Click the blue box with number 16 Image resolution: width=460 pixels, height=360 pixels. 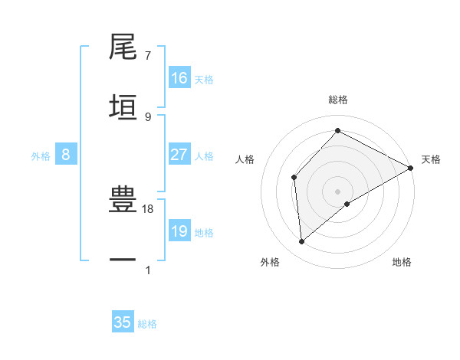[179, 78]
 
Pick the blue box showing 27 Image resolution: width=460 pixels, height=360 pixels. [179, 155]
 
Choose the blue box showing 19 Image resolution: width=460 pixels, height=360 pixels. [179, 231]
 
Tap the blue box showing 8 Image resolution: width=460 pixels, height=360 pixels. [66, 155]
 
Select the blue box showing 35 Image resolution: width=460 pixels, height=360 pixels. [123, 322]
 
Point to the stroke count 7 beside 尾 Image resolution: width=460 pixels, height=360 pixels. [148, 56]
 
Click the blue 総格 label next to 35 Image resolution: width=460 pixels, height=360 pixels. [148, 324]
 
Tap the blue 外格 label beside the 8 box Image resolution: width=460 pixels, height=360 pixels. [41, 156]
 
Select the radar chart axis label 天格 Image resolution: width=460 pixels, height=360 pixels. [431, 159]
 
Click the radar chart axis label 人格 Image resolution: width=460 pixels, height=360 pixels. [245, 159]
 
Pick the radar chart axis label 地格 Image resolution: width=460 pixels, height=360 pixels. [402, 263]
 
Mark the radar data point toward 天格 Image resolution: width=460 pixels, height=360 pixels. [411, 168]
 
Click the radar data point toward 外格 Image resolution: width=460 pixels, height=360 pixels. [302, 242]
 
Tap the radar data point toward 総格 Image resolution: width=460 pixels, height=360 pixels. [337, 131]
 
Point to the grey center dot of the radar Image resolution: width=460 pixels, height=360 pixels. [337, 191]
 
